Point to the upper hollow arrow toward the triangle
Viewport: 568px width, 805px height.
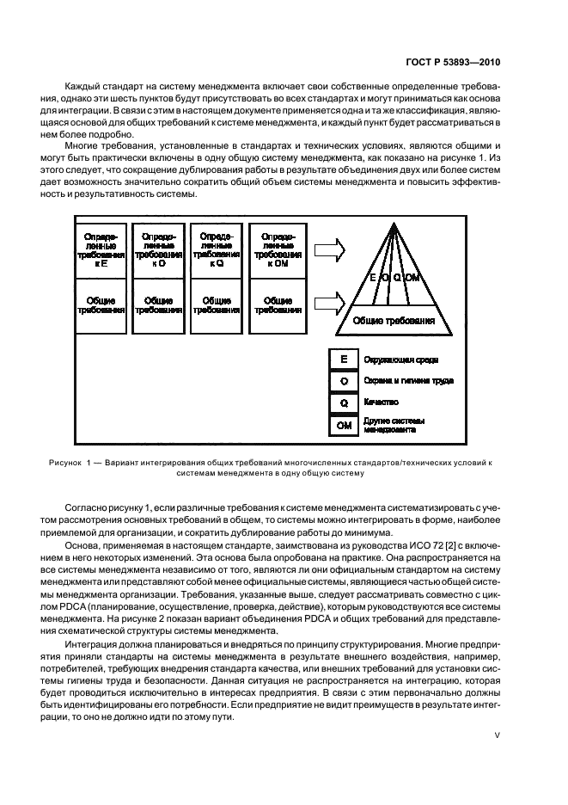(328, 250)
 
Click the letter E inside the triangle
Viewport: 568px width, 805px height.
(373, 278)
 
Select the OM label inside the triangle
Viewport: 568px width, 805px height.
(412, 278)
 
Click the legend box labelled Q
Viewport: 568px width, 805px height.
(344, 401)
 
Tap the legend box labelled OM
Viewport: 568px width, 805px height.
(344, 424)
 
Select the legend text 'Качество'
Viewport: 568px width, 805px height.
(381, 402)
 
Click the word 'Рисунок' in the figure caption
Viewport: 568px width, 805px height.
(65, 463)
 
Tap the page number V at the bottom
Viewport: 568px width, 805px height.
(497, 734)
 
